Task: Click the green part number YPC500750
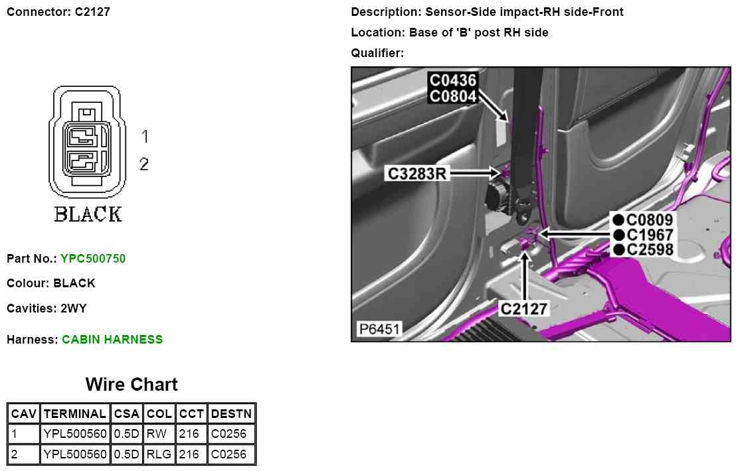point(93,259)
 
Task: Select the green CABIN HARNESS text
point(112,340)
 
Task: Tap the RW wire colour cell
point(159,433)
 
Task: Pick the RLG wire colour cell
point(159,454)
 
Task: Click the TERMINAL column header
point(75,414)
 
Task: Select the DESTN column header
point(232,414)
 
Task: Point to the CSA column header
point(127,414)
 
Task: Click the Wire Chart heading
point(132,385)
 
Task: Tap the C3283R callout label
point(417,173)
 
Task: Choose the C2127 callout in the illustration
point(524,309)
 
